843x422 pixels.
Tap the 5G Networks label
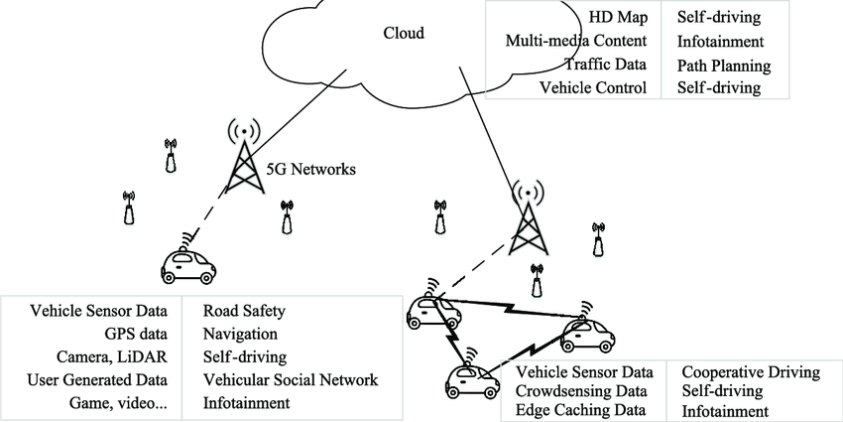tap(312, 170)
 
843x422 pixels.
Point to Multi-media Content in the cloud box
tap(576, 42)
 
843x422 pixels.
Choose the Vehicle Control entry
tap(593, 87)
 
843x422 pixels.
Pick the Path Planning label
tap(724, 65)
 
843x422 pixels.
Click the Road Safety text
tap(244, 311)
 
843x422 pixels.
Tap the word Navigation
tap(240, 334)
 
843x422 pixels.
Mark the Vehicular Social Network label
tap(290, 379)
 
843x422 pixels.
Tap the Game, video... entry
tap(126, 402)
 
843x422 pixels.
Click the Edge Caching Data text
tap(582, 410)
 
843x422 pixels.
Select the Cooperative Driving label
tap(751, 372)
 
